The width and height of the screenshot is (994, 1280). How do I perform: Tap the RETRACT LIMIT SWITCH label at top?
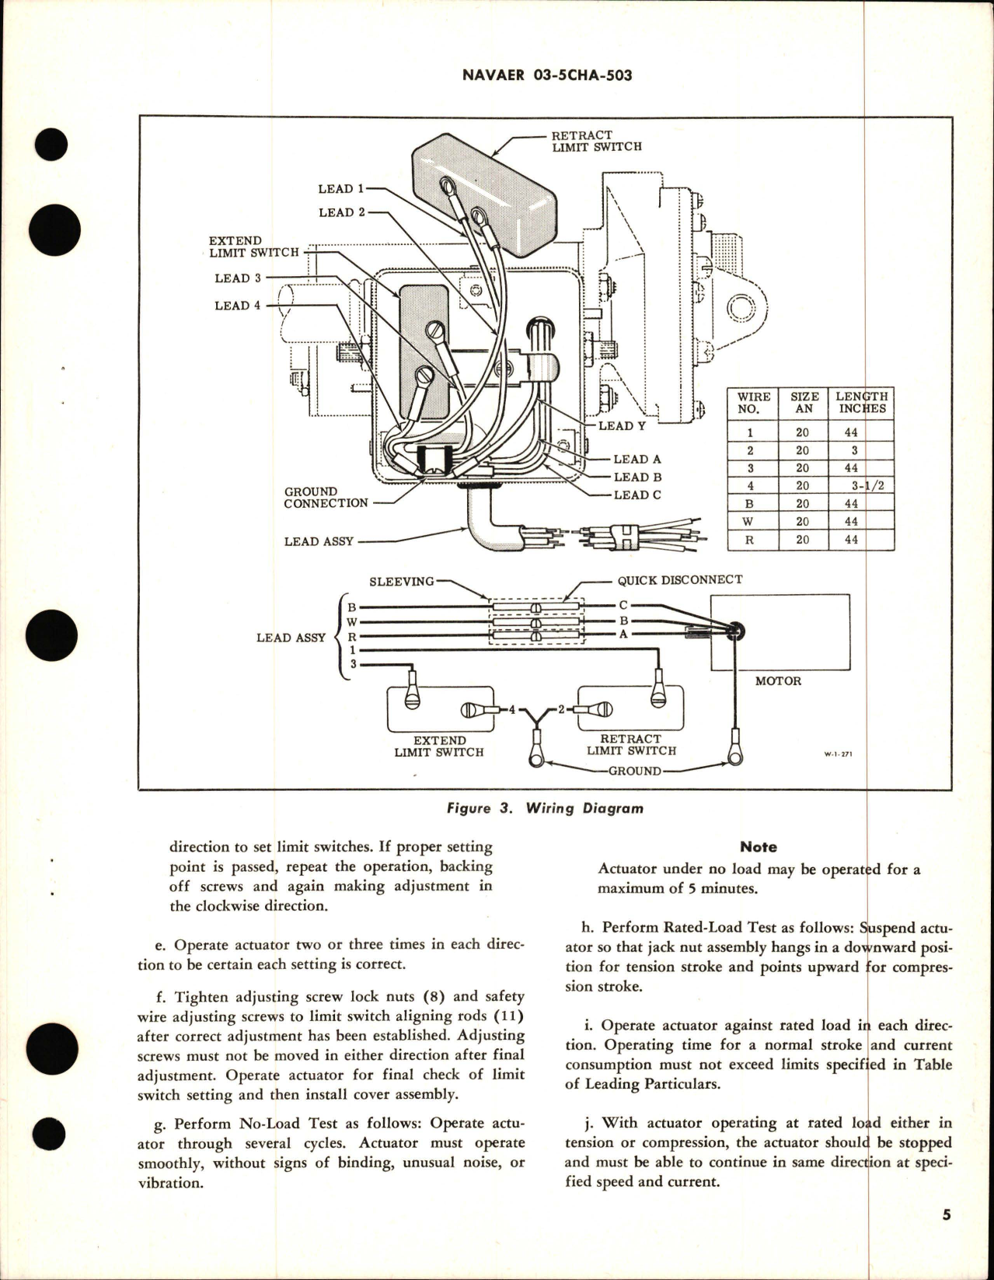click(x=596, y=141)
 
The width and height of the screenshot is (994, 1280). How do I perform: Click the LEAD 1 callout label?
click(x=340, y=188)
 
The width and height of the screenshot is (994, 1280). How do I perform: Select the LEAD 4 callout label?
click(x=237, y=306)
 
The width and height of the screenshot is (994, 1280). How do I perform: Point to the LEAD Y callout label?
click(x=622, y=425)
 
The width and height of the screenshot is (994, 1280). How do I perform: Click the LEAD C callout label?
click(x=637, y=495)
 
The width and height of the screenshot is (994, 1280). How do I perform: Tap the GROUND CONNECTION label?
click(x=326, y=498)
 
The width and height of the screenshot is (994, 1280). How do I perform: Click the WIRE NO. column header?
click(x=753, y=403)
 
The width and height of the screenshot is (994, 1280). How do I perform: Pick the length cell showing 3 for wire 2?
click(x=854, y=450)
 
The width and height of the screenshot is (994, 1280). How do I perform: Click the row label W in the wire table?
click(x=749, y=522)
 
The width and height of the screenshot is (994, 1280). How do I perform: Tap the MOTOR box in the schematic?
click(x=780, y=632)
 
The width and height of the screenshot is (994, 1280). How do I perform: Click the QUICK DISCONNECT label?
click(x=679, y=579)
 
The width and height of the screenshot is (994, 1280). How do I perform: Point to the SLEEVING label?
click(x=401, y=582)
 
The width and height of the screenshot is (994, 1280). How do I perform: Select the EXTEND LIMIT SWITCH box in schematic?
click(x=440, y=708)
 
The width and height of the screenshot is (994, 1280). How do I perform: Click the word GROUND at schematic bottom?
click(x=635, y=771)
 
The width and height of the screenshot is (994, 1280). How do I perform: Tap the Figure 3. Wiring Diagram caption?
click(x=545, y=808)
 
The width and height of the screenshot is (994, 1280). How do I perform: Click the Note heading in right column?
click(x=758, y=847)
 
